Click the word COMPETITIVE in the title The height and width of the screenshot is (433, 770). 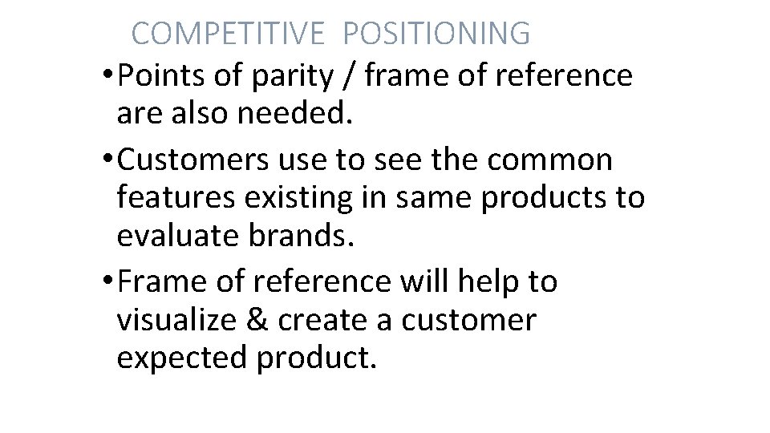pyautogui.click(x=228, y=34)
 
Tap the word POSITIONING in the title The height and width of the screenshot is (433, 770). pyautogui.click(x=436, y=34)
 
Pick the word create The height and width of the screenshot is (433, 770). pyautogui.click(x=324, y=319)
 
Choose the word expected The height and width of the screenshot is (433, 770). pyautogui.click(x=181, y=358)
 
